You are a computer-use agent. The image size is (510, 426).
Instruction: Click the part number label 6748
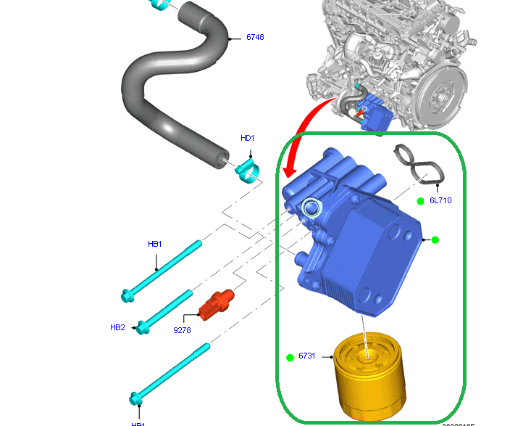tap(255, 36)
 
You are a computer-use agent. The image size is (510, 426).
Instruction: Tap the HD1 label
tap(248, 138)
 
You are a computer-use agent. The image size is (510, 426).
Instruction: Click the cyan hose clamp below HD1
tap(248, 171)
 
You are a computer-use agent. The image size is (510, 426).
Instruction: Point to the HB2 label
tap(117, 327)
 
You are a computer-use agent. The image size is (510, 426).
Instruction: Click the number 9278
tap(182, 329)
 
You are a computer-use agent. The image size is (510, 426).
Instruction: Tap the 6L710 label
tap(440, 200)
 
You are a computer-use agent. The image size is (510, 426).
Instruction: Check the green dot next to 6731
tap(289, 357)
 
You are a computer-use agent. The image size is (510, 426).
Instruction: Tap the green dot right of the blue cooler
tap(435, 239)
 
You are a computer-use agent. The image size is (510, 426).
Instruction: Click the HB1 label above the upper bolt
tap(155, 245)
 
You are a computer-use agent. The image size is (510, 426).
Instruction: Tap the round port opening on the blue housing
tap(312, 208)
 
